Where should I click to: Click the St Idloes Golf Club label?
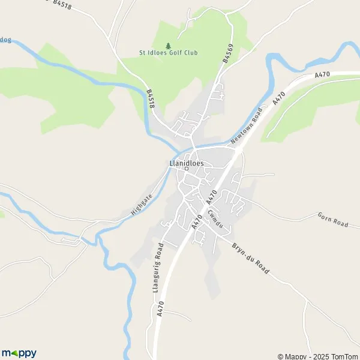click(x=167, y=53)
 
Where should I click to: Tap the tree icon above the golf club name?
click(x=167, y=45)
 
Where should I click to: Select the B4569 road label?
click(x=227, y=55)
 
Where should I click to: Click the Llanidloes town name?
click(x=186, y=163)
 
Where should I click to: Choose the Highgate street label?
click(x=142, y=204)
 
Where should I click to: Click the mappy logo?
click(x=19, y=353)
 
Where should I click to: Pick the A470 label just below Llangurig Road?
click(x=160, y=309)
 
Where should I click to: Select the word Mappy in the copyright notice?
click(x=295, y=356)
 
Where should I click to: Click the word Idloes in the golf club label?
click(x=155, y=53)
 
